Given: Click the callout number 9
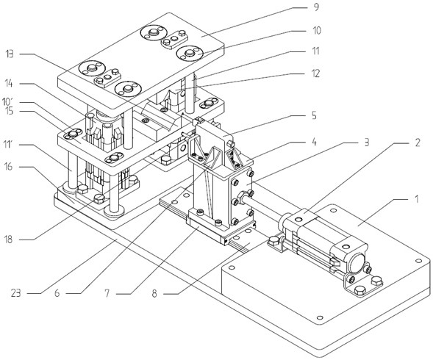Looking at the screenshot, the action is point(316,7).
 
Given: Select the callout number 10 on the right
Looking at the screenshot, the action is point(316,30).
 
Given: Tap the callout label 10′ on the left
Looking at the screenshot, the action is point(8,101).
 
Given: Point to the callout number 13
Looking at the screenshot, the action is point(9,54).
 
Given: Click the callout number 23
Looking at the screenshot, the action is point(16,293).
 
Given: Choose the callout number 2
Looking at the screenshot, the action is point(417,143).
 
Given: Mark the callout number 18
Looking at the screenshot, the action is point(9,239).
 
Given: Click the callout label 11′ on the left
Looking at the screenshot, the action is point(7,144).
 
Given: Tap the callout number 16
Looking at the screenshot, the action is point(9,167).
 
